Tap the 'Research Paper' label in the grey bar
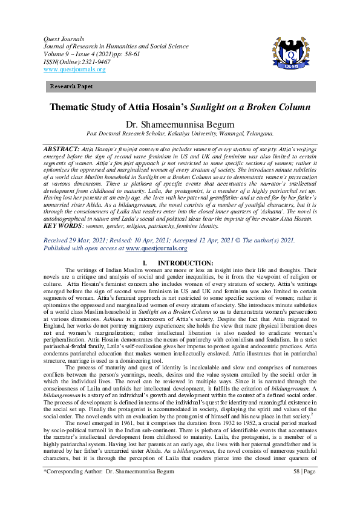point(71,87)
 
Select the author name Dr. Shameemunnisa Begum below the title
point(180,125)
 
